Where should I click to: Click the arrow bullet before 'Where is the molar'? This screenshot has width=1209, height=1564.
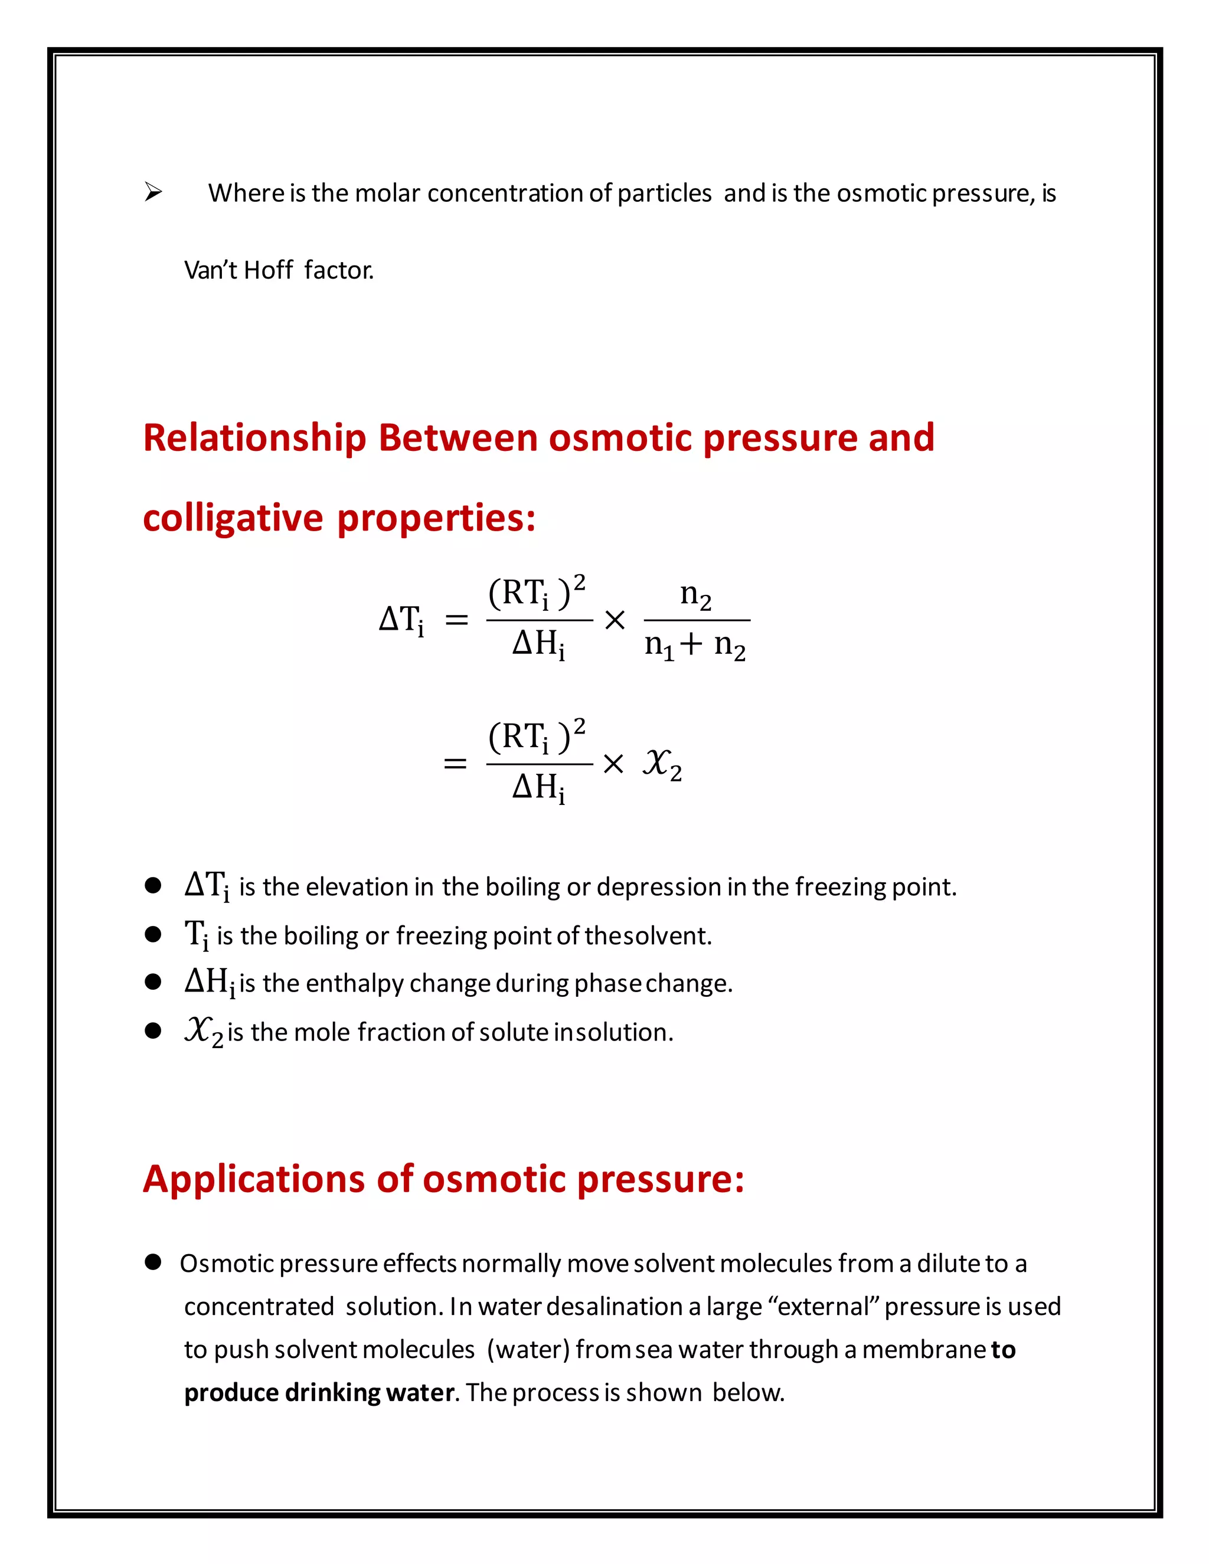pyautogui.click(x=152, y=192)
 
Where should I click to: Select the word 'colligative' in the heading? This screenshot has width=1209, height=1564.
pyautogui.click(x=233, y=518)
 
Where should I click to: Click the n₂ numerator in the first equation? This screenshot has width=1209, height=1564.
pyautogui.click(x=695, y=594)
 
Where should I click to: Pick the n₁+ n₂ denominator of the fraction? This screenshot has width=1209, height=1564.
pyautogui.click(x=695, y=645)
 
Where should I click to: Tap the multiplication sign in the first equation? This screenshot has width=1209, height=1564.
pyautogui.click(x=615, y=620)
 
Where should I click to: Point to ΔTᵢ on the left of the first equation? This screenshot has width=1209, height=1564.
pyautogui.click(x=401, y=620)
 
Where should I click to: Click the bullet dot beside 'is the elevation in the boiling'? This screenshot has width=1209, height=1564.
pyautogui.click(x=152, y=886)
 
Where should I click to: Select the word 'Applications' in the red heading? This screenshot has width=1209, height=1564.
pyautogui.click(x=254, y=1179)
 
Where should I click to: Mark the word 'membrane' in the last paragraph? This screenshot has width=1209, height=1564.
pyautogui.click(x=923, y=1350)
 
